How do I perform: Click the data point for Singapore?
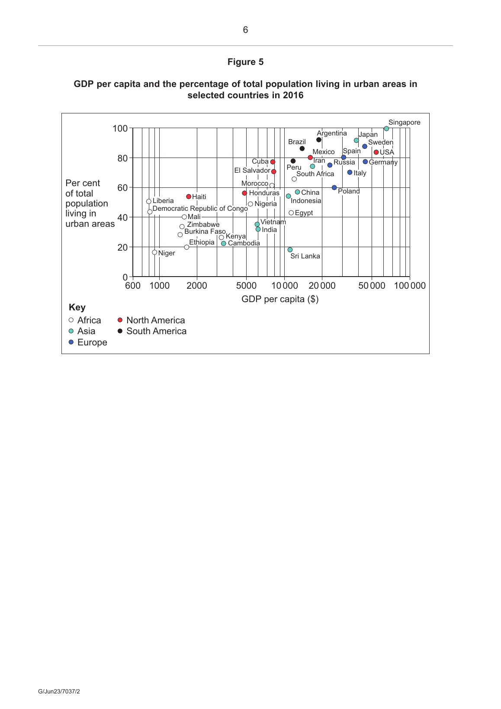pyautogui.click(x=386, y=129)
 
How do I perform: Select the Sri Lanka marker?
pyautogui.click(x=290, y=250)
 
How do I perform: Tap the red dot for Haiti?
pyautogui.click(x=189, y=197)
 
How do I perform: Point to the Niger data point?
pyautogui.click(x=154, y=252)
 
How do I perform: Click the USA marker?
pyautogui.click(x=376, y=152)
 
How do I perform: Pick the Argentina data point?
pyautogui.click(x=319, y=140)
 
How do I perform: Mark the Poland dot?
pyautogui.click(x=334, y=187)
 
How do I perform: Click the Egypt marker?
pyautogui.click(x=291, y=213)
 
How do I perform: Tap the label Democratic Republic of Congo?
pyautogui.click(x=200, y=209)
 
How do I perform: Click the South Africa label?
pyautogui.click(x=315, y=174)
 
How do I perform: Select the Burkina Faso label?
pyautogui.click(x=205, y=232)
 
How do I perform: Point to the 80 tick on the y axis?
pyautogui.click(x=122, y=158)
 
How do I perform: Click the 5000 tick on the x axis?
pyautogui.click(x=246, y=286)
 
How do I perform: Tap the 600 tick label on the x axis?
pyautogui.click(x=133, y=286)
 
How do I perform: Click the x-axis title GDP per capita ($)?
pyautogui.click(x=280, y=299)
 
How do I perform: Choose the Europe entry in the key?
pyautogui.click(x=92, y=342)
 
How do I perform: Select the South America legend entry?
pyautogui.click(x=156, y=331)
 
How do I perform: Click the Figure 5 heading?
pyautogui.click(x=245, y=62)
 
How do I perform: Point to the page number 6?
pyautogui.click(x=245, y=30)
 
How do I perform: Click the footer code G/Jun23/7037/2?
pyautogui.click(x=59, y=691)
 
